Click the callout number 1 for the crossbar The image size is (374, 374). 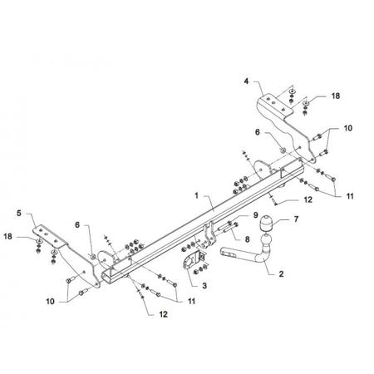196,195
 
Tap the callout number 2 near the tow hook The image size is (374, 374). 281,273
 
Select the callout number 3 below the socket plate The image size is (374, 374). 204,285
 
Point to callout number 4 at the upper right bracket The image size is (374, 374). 246,81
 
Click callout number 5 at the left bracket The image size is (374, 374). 19,213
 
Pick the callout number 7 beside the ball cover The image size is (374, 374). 296,219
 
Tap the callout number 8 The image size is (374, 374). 247,239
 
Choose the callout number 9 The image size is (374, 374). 255,215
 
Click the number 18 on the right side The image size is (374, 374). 336,96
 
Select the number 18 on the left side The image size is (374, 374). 7,236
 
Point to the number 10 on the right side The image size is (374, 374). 348,128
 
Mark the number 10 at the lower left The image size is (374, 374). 51,301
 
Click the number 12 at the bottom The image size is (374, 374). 163,314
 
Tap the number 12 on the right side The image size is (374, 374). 308,199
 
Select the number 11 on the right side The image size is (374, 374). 350,196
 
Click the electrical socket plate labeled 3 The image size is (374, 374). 191,260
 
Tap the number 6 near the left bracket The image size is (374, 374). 77,224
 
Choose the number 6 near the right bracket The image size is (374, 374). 258,132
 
